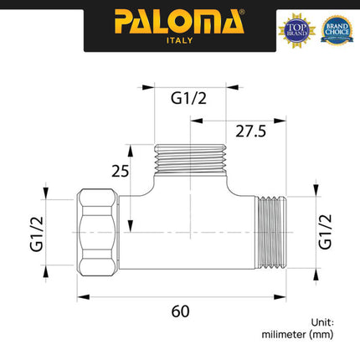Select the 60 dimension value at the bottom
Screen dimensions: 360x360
click(x=179, y=310)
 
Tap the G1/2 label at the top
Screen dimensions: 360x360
click(x=189, y=99)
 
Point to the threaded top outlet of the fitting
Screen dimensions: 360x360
click(x=191, y=158)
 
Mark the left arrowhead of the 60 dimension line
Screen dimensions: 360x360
click(x=81, y=295)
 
